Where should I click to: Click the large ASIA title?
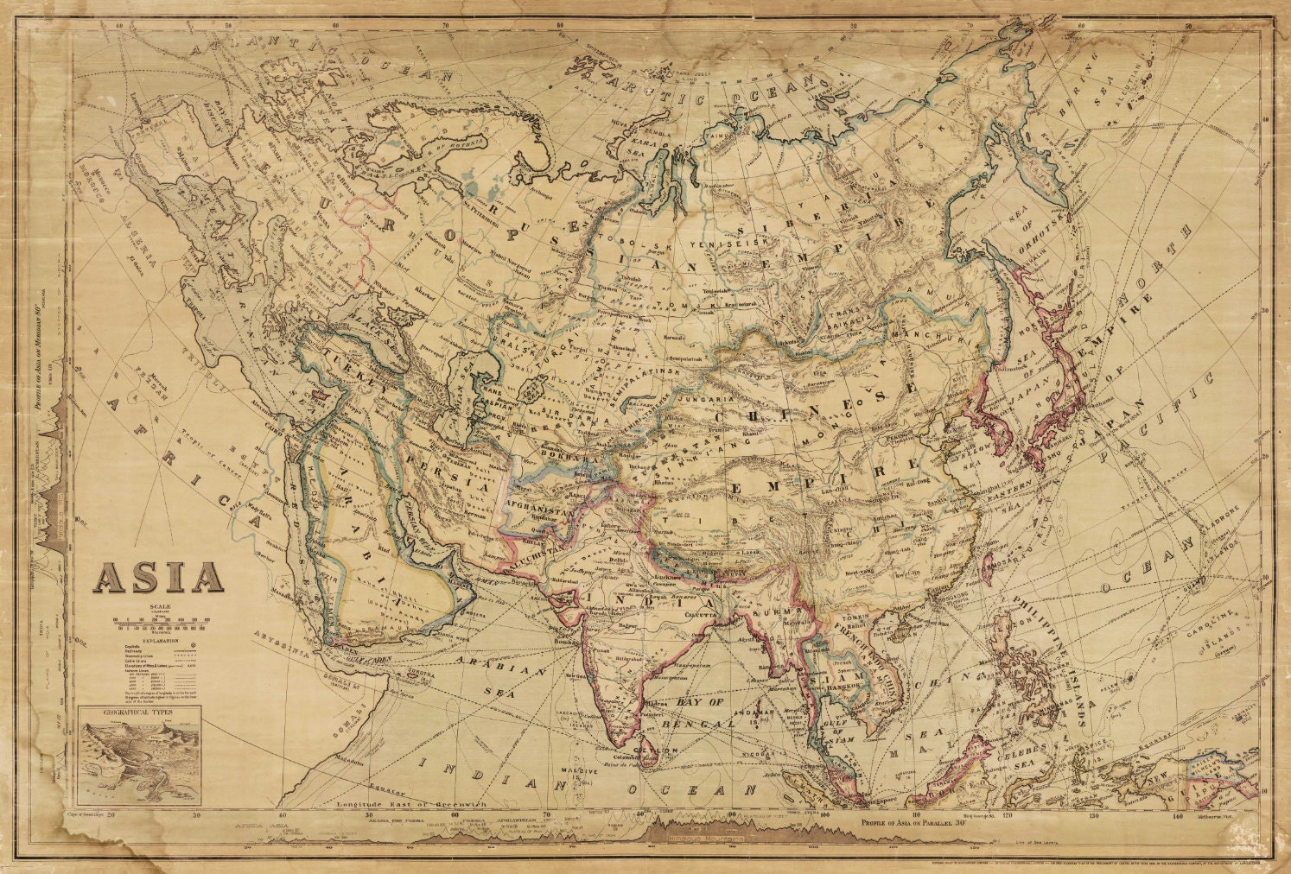(x=159, y=577)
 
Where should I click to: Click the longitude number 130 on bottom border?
(x=1092, y=814)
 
